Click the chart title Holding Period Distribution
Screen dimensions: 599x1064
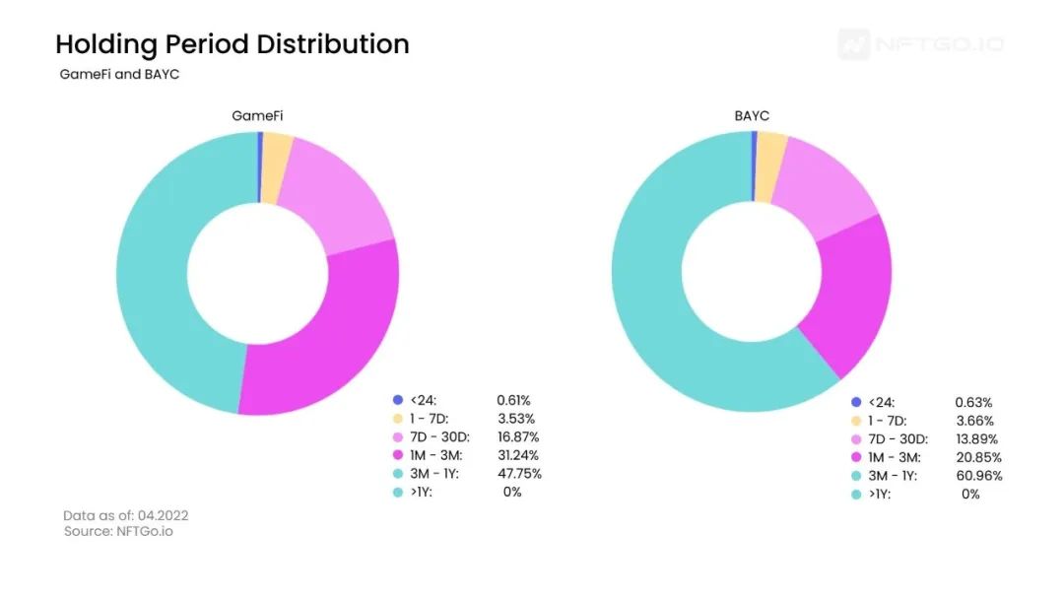pos(232,44)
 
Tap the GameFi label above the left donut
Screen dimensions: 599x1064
pos(257,115)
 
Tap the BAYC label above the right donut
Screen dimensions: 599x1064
pos(752,115)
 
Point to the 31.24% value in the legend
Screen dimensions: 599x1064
pos(518,455)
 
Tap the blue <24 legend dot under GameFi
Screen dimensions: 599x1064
pos(398,400)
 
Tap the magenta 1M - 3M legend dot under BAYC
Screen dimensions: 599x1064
pos(856,457)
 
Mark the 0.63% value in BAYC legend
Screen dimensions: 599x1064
pos(973,402)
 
